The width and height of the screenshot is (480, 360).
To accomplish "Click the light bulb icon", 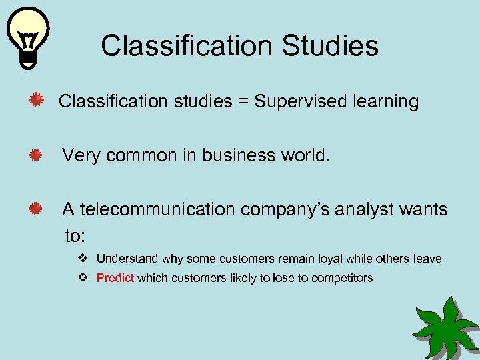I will click(27, 37).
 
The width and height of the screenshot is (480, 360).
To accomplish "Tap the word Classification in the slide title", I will click(187, 46).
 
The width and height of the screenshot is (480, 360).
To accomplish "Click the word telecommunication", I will click(157, 209).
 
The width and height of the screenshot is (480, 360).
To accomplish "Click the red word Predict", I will click(115, 278).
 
